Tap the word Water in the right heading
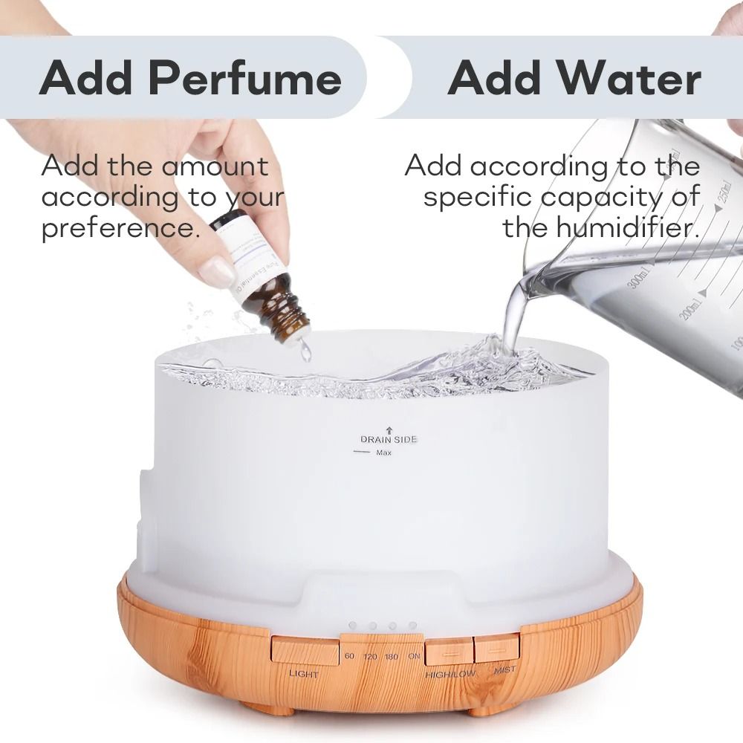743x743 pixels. [x=637, y=80]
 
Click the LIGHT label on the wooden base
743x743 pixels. [x=303, y=675]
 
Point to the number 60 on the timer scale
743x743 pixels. [x=350, y=656]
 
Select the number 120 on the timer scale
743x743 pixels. [x=370, y=656]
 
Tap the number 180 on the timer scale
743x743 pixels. [x=392, y=656]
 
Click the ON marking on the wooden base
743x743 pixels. [x=414, y=656]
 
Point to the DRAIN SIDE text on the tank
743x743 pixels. [x=389, y=439]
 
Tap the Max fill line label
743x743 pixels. [x=383, y=453]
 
